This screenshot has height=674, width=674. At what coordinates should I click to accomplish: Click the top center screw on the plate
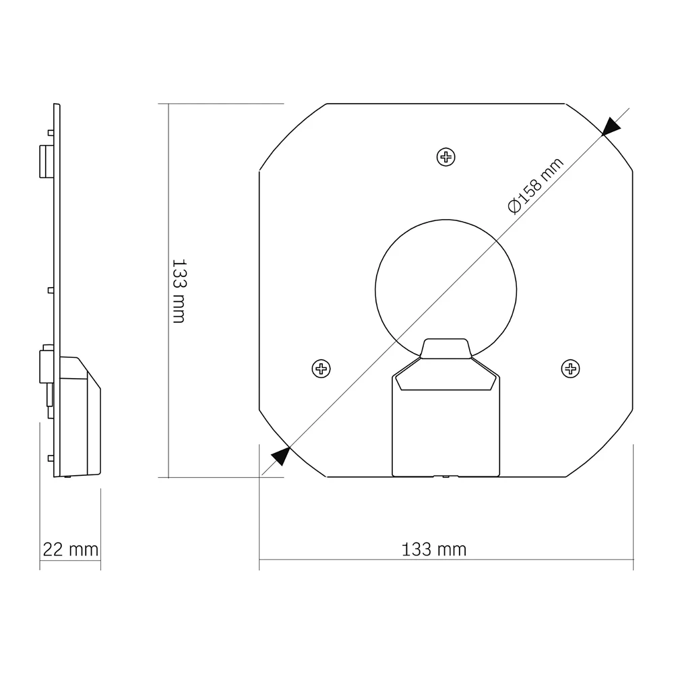[446, 157]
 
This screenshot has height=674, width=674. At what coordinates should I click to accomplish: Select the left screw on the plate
[321, 368]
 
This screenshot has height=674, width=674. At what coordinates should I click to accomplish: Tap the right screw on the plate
[571, 368]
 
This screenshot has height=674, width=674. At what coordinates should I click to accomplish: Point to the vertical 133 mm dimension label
[179, 290]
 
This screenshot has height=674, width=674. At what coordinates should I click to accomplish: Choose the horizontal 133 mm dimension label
[434, 549]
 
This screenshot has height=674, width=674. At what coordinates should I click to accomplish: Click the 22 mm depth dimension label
[70, 549]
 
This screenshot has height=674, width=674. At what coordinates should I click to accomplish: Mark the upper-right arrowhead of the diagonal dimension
[611, 126]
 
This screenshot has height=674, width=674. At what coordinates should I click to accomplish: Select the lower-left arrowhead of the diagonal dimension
[281, 456]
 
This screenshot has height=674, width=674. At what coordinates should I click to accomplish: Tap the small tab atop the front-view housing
[445, 348]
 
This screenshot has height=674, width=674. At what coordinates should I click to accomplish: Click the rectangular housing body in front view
[446, 431]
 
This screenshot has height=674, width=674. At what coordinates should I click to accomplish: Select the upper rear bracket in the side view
[46, 160]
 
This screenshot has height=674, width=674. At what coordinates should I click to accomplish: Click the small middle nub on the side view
[51, 290]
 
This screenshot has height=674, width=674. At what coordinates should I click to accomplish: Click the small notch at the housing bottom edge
[445, 476]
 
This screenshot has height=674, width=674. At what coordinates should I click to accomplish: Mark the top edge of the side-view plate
[57, 105]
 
